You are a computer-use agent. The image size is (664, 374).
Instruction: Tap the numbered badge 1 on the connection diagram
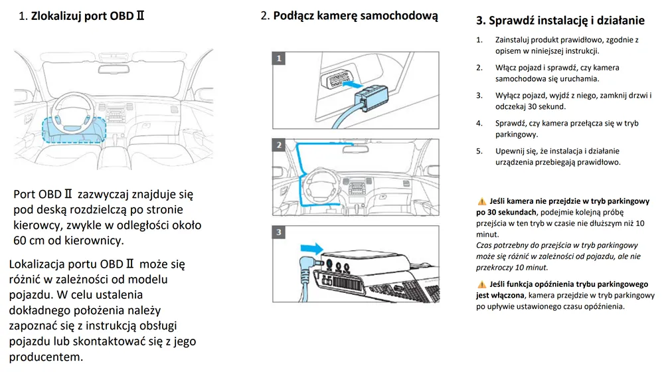pos(280,58)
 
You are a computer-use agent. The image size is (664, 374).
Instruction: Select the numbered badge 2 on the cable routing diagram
pos(280,145)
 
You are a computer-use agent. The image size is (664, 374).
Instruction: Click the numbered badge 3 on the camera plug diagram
pos(280,232)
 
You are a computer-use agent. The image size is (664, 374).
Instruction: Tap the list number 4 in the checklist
pos(479,124)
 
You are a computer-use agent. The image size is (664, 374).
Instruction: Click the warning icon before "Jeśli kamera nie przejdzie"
pos(481,201)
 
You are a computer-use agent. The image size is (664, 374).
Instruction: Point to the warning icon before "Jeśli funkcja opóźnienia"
pos(481,284)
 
